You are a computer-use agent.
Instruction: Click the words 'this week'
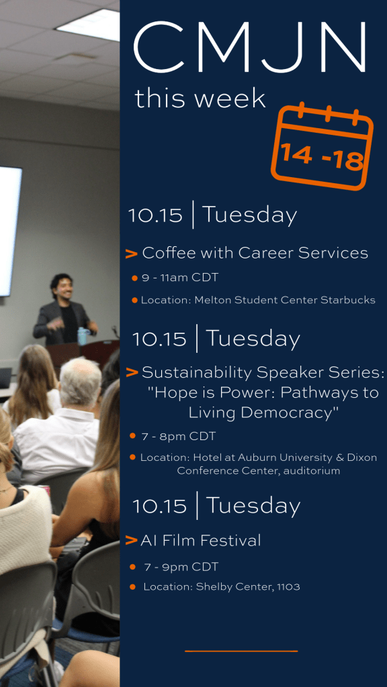pyautogui.click(x=200, y=98)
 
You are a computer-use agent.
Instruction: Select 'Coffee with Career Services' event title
pyautogui.click(x=255, y=253)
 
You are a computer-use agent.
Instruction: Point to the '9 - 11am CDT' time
pyautogui.click(x=180, y=278)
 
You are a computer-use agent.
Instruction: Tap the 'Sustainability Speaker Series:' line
pyautogui.click(x=263, y=373)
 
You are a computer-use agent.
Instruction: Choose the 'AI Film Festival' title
pyautogui.click(x=200, y=540)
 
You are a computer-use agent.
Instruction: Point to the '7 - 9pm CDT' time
pyautogui.click(x=181, y=567)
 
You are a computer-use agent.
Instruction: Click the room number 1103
pyautogui.click(x=288, y=586)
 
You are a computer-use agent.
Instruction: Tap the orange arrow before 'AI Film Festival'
pyautogui.click(x=131, y=541)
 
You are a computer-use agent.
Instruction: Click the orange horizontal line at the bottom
pyautogui.click(x=241, y=651)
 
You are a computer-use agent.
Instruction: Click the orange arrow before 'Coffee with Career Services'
pyautogui.click(x=132, y=253)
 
